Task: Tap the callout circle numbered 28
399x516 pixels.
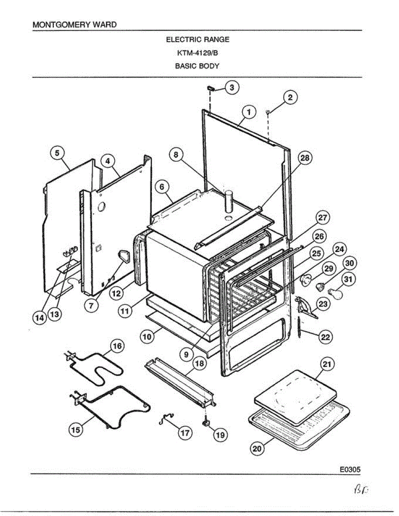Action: [305, 158]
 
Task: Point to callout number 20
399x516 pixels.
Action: [257, 448]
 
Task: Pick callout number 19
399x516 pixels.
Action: [220, 434]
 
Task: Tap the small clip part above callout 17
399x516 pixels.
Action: [166, 417]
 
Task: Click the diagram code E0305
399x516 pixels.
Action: [349, 470]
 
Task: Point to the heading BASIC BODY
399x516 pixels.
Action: [198, 66]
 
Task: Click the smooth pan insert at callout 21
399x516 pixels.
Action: [293, 397]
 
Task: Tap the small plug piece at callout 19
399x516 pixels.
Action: [206, 423]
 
